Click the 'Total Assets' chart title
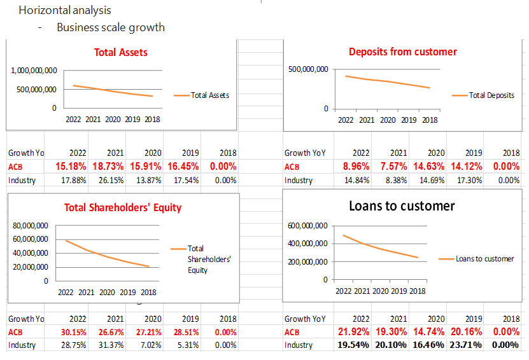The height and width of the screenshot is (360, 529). (x=121, y=52)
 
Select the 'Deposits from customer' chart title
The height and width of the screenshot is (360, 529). (x=402, y=52)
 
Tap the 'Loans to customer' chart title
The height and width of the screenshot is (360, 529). (x=402, y=206)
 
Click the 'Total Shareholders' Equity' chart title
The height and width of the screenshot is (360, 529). (x=123, y=207)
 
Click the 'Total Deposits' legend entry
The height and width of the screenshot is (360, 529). (x=491, y=95)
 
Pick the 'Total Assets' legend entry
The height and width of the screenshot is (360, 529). (x=209, y=95)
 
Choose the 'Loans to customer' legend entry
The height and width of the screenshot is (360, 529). (x=484, y=259)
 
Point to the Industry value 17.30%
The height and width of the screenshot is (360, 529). (x=469, y=180)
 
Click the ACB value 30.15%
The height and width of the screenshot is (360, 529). (x=71, y=332)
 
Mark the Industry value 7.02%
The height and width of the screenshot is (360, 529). (x=150, y=345)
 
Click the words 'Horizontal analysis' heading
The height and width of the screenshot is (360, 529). (x=65, y=10)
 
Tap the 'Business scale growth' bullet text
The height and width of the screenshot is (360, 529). (x=111, y=27)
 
